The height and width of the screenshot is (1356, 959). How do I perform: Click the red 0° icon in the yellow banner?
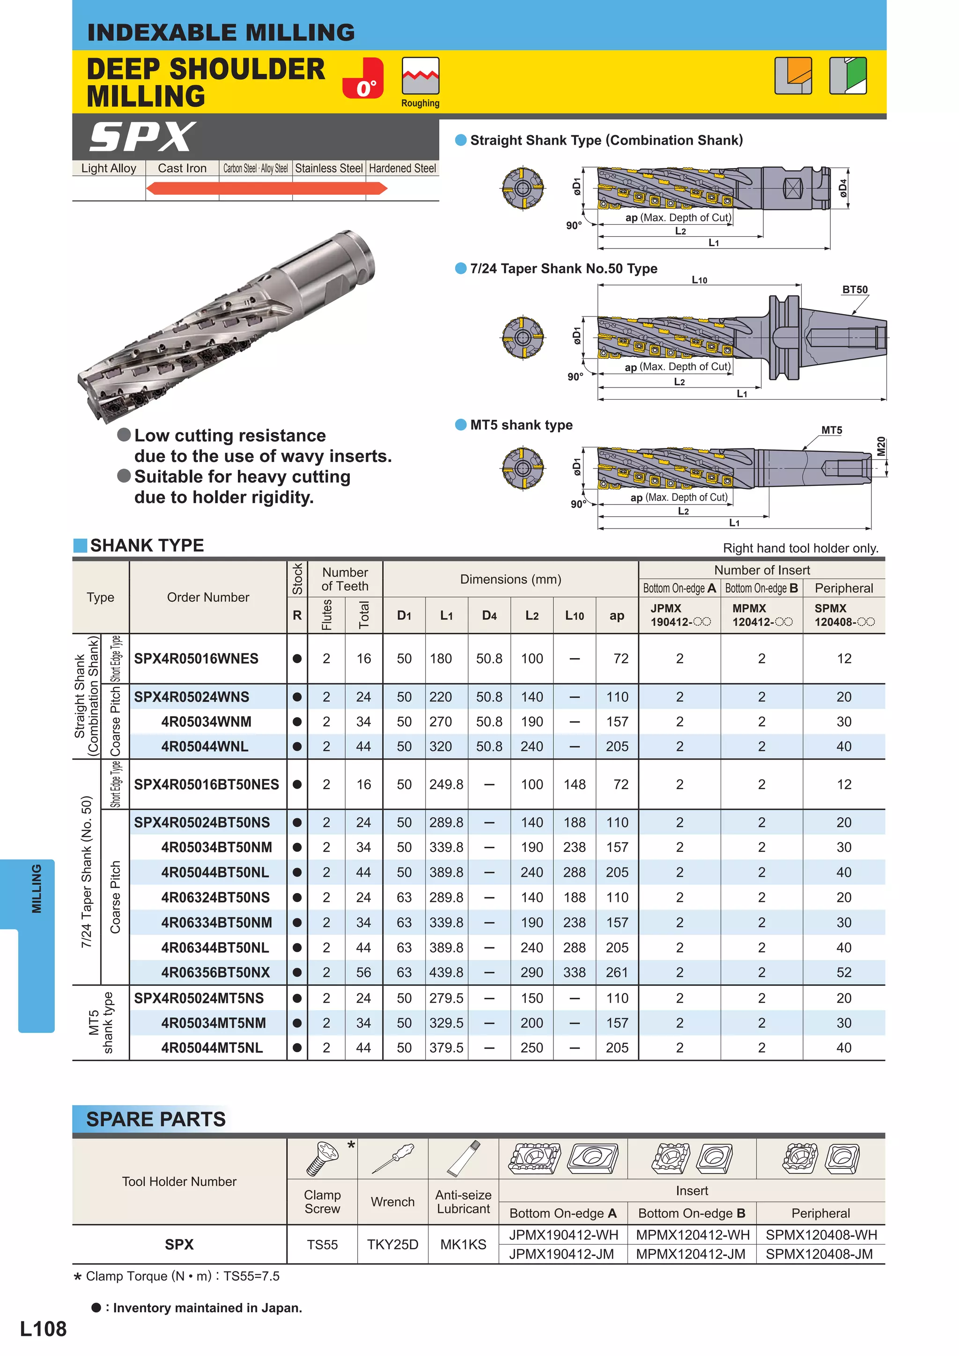tap(363, 78)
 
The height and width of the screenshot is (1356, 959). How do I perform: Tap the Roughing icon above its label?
tap(420, 76)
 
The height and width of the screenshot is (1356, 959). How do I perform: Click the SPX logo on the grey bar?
tap(142, 137)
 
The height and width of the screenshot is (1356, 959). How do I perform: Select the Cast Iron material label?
tap(182, 169)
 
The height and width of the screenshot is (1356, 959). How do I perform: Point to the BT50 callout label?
tap(855, 289)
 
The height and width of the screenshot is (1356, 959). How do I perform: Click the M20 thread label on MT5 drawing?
tap(880, 446)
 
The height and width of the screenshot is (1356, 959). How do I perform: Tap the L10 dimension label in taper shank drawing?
tap(699, 280)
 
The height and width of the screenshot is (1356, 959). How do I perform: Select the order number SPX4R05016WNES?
tap(196, 659)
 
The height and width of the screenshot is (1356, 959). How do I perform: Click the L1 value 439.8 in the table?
tap(446, 972)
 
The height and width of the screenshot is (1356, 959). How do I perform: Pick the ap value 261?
tap(617, 972)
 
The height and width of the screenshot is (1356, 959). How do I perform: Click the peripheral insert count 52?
tap(844, 972)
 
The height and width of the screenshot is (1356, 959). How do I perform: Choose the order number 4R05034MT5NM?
tap(214, 1023)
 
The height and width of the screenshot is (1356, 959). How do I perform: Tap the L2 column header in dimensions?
tap(532, 616)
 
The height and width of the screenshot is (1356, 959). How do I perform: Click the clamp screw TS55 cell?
tap(322, 1245)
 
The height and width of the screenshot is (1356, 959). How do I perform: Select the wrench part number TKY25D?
tap(392, 1245)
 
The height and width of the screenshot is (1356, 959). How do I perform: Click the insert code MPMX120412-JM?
tap(691, 1254)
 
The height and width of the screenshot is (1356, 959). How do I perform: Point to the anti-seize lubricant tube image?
tap(463, 1159)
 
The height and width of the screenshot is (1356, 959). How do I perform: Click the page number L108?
tap(43, 1328)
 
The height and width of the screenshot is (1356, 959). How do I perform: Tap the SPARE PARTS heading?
tap(156, 1119)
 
